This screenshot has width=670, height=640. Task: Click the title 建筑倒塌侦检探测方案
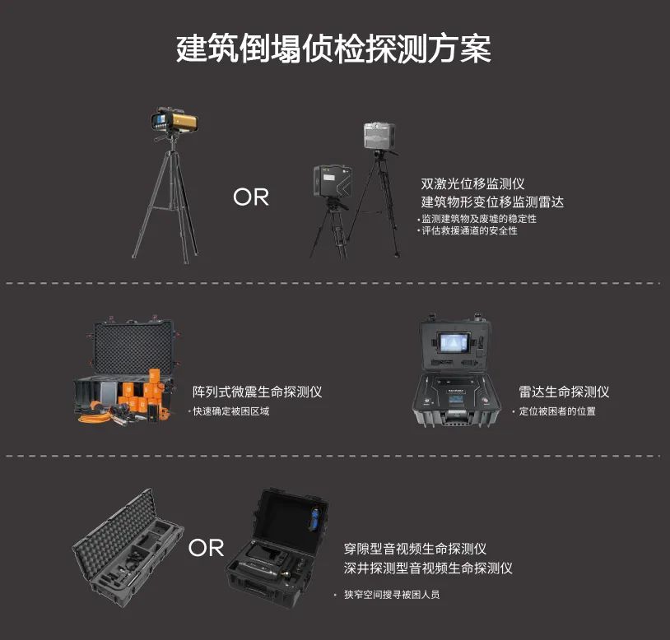333,49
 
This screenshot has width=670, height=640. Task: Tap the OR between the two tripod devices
251,197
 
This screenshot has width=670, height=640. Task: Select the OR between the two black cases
206,547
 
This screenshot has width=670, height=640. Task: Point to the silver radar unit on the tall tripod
379,136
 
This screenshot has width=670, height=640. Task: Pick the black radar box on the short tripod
333,181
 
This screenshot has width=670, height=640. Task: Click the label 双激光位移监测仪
472,183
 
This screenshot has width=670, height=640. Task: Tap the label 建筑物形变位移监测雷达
492,202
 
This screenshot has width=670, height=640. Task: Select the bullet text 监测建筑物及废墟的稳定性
479,219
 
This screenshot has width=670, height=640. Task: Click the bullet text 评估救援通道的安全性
470,230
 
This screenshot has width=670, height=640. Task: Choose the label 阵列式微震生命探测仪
258,392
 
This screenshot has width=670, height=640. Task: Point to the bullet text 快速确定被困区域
231,411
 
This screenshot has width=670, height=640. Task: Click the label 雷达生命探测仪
564,392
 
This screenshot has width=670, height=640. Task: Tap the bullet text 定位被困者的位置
557,411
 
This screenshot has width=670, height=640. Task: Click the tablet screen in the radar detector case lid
454,343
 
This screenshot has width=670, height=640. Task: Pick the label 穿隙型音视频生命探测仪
415,549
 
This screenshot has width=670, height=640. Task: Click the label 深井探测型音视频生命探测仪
428,568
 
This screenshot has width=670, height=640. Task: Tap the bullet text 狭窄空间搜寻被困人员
392,594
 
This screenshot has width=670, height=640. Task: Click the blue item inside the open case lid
315,518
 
